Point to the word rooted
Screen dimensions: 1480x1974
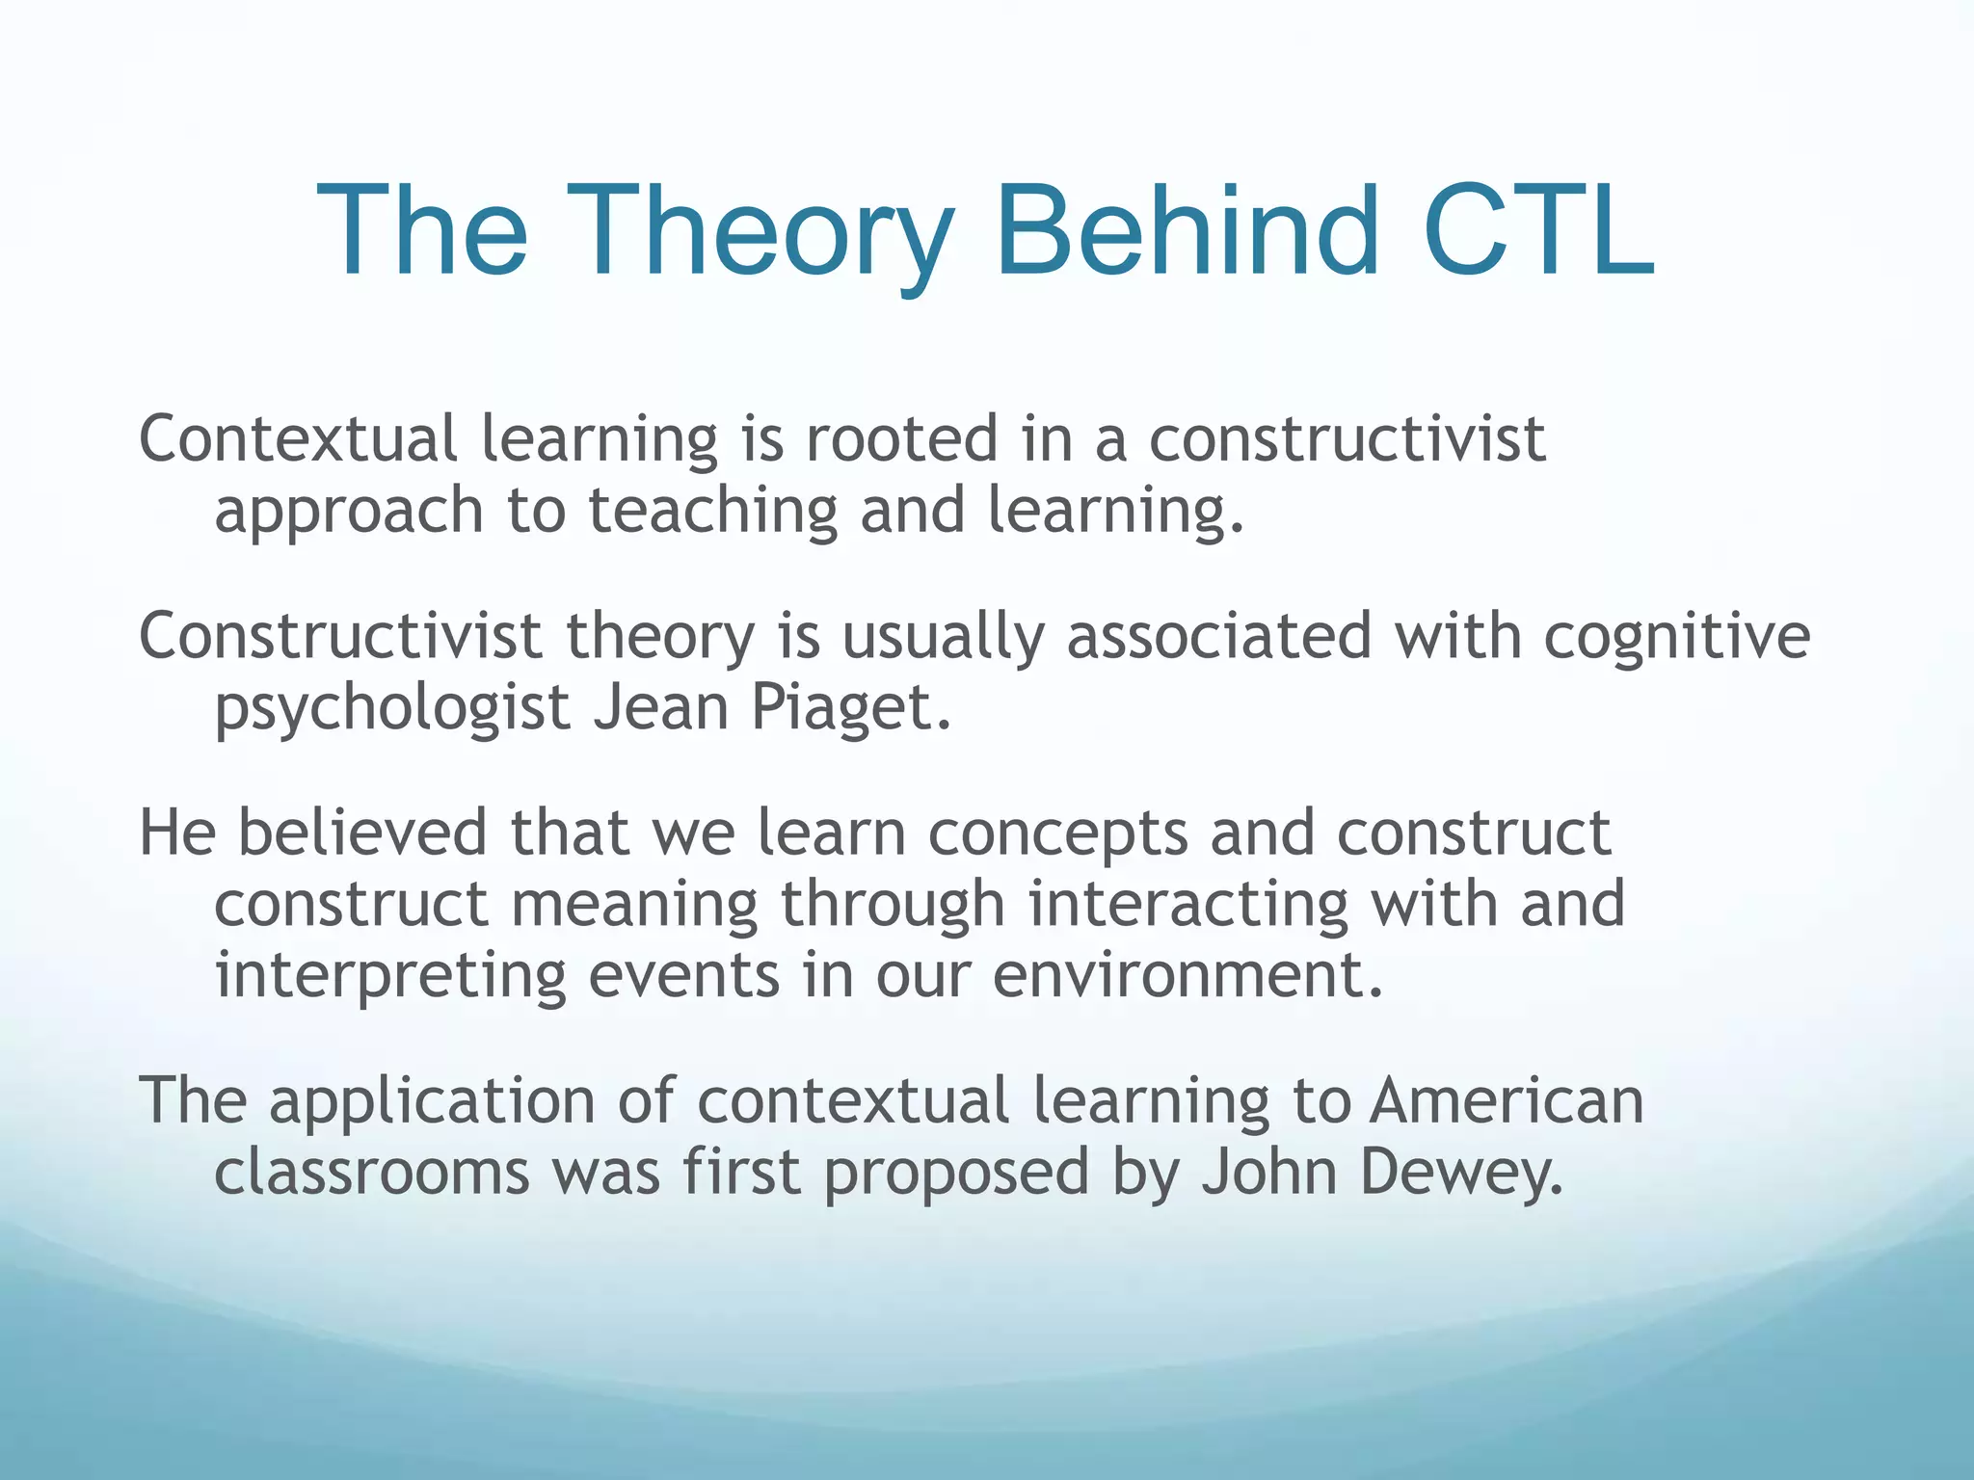[x=901, y=438]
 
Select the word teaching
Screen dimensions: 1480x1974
[x=713, y=511]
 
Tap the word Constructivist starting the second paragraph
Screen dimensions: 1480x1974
[x=341, y=636]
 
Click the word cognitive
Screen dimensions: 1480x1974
[x=1677, y=638]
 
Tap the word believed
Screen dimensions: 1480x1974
[x=362, y=832]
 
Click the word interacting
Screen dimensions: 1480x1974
[x=1187, y=906]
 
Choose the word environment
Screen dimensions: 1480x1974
[x=1187, y=975]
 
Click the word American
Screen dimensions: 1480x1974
[x=1507, y=1100]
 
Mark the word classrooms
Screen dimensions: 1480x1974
[x=371, y=1172]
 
